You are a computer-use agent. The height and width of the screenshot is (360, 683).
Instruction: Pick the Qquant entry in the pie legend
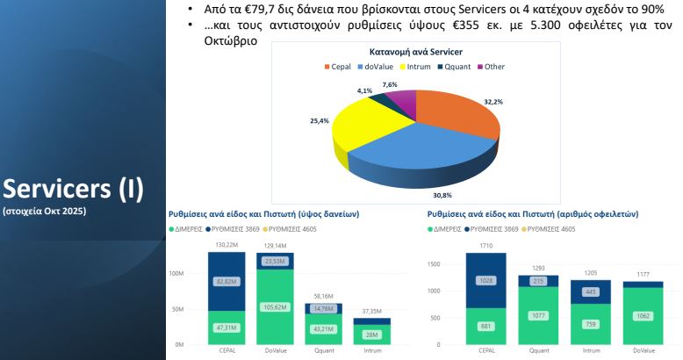[x=457, y=67]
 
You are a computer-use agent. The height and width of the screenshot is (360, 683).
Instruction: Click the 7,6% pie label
[x=391, y=84]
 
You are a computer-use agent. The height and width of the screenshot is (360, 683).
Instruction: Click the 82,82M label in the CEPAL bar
[x=226, y=281]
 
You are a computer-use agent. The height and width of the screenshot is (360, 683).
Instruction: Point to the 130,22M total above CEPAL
[x=226, y=246]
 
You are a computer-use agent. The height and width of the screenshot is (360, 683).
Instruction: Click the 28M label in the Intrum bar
[x=372, y=335]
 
